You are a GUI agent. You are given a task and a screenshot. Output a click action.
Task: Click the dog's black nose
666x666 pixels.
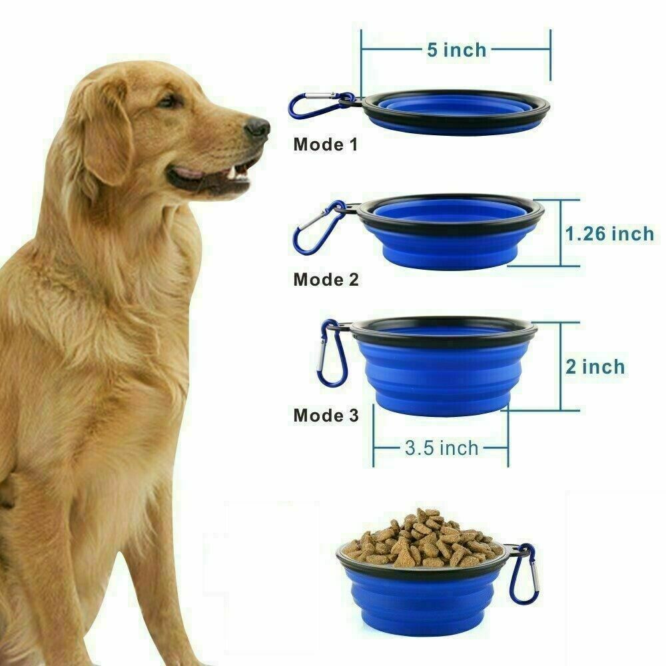point(257,128)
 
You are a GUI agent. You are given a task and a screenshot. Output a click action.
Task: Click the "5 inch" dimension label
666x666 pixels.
point(457,50)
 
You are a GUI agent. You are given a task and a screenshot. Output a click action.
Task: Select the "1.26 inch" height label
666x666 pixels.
point(609,234)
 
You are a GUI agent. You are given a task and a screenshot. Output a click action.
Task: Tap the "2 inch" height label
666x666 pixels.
point(595,367)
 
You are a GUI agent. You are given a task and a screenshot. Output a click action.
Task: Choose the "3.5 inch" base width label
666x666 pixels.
point(442,448)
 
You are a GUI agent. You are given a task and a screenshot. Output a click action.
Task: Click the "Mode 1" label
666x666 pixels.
point(326,145)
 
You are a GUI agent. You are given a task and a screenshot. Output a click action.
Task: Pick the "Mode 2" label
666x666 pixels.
point(326,280)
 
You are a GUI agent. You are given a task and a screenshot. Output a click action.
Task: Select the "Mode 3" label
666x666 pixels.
point(326,415)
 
